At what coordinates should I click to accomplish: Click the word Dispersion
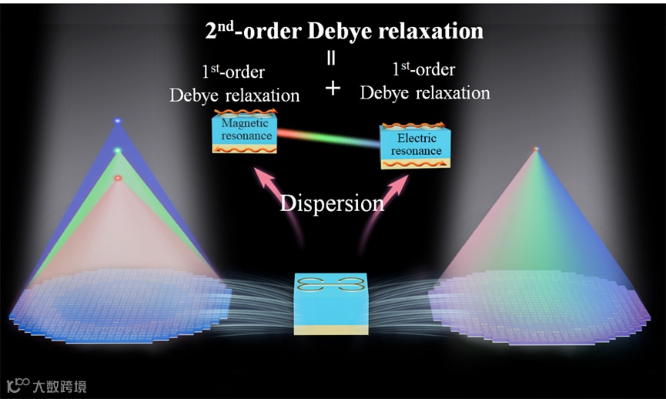point(332,203)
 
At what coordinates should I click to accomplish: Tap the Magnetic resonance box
point(243,132)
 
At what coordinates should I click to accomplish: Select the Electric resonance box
point(416,145)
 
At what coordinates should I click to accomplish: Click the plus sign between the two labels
point(333,88)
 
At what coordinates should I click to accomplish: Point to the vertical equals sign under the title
point(333,57)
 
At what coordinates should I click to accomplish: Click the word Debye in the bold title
point(343,32)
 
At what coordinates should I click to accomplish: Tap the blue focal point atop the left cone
point(118,122)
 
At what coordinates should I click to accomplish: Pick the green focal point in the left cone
point(118,150)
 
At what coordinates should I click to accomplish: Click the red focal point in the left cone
point(118,178)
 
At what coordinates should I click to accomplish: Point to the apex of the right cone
point(536,149)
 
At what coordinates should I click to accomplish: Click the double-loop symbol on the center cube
point(332,284)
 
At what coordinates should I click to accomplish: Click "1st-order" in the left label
point(233,72)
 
